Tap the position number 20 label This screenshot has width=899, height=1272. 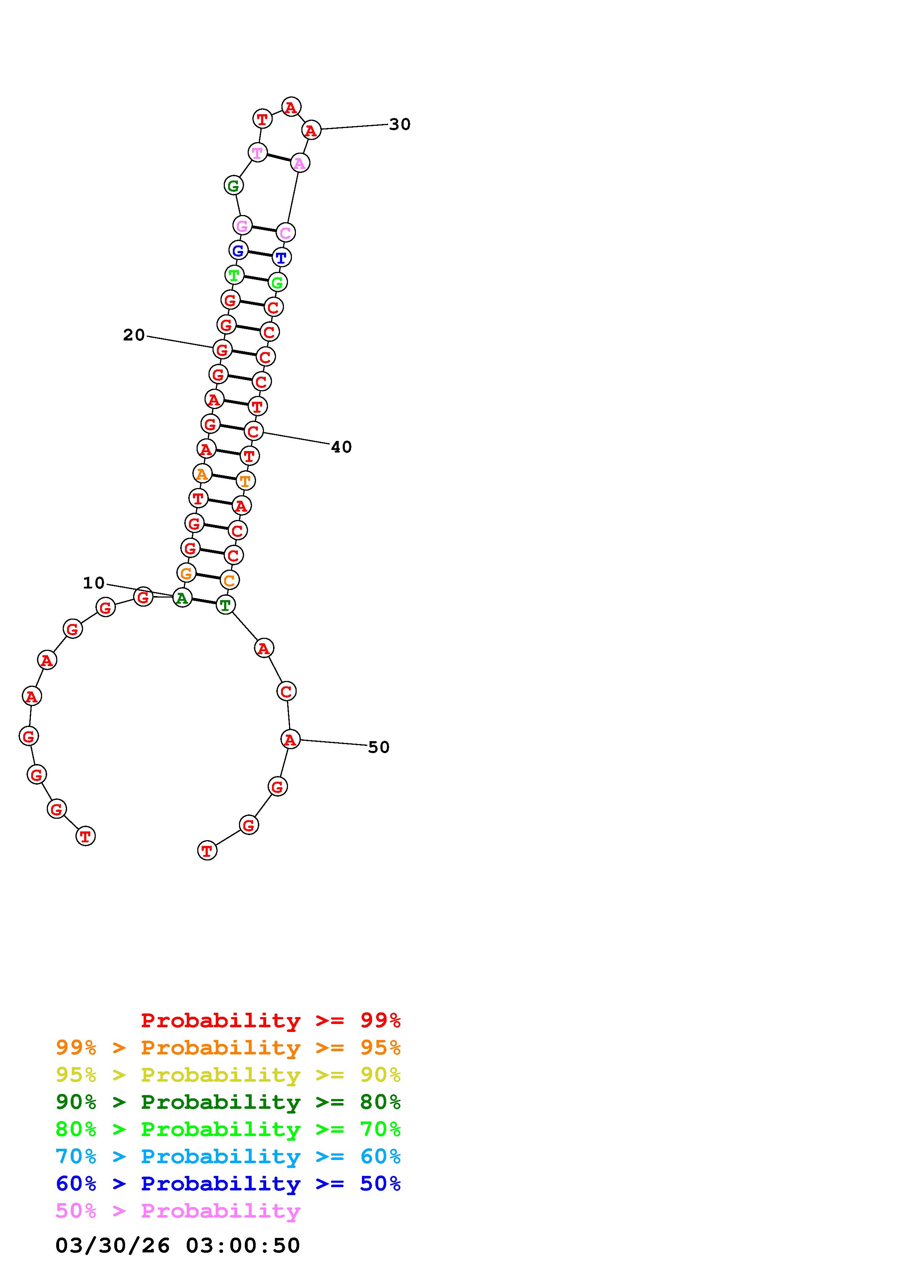[x=134, y=335]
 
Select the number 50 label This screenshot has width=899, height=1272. [x=379, y=747]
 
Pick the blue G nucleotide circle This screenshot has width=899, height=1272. [x=238, y=251]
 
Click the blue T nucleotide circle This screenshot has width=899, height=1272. [x=281, y=257]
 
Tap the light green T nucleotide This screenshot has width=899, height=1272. [x=234, y=275]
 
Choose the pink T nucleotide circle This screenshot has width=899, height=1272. [x=257, y=152]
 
